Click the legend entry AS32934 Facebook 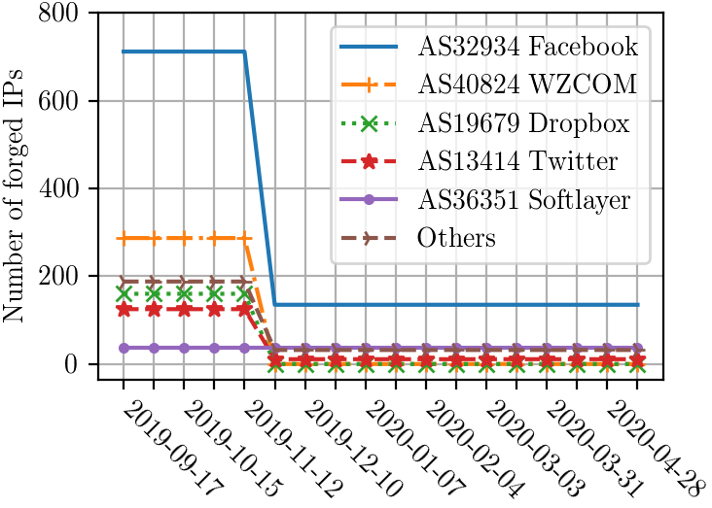tap(528, 45)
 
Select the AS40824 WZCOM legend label tap(527, 84)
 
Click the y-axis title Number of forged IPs tap(18, 190)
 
